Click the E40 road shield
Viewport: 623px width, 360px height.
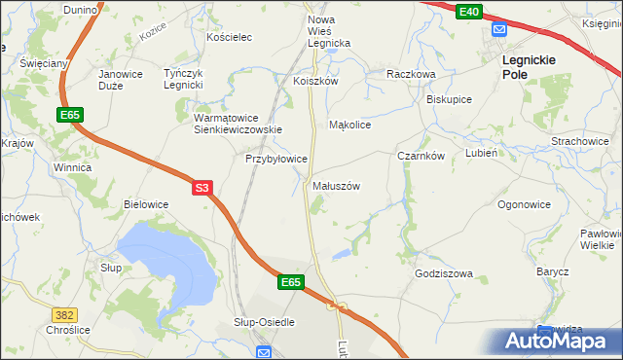(x=468, y=11)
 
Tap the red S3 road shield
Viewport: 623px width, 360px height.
(x=202, y=187)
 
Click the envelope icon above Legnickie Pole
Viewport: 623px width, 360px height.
(x=499, y=30)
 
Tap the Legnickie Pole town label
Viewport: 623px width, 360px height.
(x=529, y=65)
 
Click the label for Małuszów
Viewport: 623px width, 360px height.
(x=337, y=185)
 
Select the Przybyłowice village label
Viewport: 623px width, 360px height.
(x=276, y=158)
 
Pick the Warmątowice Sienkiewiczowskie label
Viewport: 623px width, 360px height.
(x=238, y=123)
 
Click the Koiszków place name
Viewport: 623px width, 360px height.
(x=315, y=82)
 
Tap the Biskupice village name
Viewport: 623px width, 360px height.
(x=449, y=99)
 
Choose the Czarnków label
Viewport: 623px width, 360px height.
(x=421, y=156)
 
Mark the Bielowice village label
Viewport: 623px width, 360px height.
(x=146, y=204)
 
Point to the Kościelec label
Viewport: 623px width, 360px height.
(x=230, y=37)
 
